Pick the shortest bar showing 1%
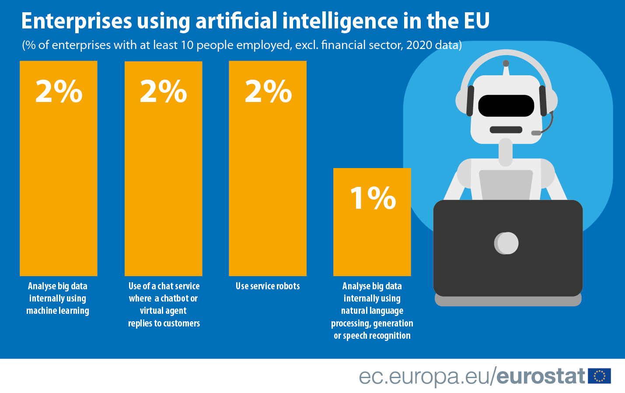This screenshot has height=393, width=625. click(x=372, y=236)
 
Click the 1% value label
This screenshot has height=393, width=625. click(x=373, y=198)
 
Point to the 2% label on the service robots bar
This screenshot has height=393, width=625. click(x=268, y=91)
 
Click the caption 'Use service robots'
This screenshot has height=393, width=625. click(x=268, y=286)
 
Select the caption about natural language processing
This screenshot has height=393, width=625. click(x=372, y=311)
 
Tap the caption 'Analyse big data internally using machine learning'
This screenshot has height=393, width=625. click(x=58, y=298)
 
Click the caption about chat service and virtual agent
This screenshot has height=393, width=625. click(x=164, y=305)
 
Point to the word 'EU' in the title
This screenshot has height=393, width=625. click(x=476, y=21)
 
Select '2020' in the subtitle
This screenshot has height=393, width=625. click(x=419, y=45)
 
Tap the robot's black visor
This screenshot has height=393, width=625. click(x=506, y=105)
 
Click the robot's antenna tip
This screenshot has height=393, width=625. click(x=506, y=63)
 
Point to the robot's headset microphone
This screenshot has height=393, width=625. click(x=536, y=133)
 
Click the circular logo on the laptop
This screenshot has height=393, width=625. click(x=506, y=243)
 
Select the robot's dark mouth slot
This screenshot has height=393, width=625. click(x=506, y=130)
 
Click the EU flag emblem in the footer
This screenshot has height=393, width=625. click(x=600, y=376)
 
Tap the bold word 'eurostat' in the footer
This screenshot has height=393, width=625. click(x=541, y=376)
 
